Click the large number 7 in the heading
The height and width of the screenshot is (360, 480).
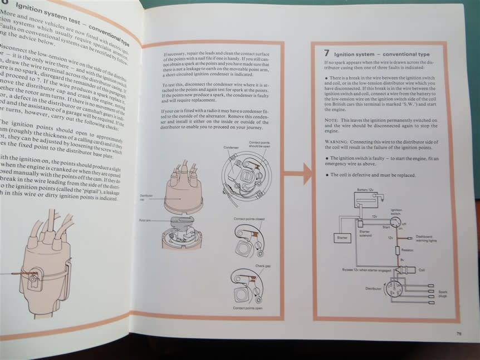327,53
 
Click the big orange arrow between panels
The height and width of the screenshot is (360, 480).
300,174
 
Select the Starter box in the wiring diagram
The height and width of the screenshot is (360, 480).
341,238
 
